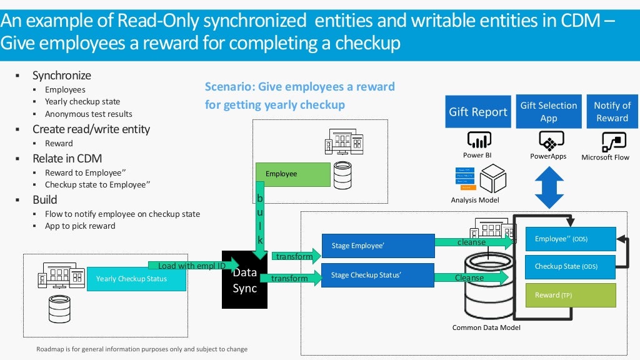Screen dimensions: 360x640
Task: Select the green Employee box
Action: point(292,174)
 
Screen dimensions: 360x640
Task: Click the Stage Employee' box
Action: point(377,246)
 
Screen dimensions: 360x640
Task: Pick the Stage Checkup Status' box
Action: point(377,275)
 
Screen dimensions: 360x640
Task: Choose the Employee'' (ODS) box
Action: point(570,239)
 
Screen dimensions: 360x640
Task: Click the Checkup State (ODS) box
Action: point(570,266)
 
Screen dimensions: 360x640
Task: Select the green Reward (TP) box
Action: point(570,295)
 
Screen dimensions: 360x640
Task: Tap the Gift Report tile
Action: point(478,112)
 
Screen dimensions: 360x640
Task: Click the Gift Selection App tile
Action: point(549,112)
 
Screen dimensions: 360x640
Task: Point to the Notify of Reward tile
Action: point(612,112)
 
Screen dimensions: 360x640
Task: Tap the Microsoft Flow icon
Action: point(605,142)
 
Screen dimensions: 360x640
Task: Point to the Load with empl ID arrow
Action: point(192,266)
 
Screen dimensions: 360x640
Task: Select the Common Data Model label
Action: point(486,327)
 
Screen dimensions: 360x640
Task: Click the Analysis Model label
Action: point(475,200)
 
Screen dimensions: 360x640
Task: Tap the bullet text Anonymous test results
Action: point(88,114)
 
